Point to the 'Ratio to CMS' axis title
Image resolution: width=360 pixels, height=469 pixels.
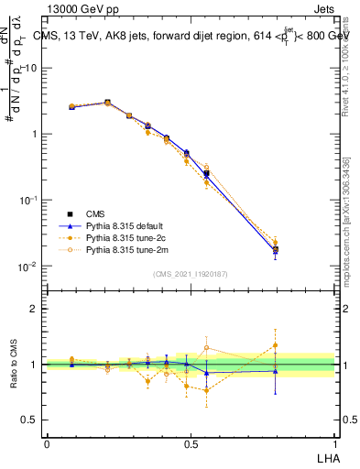[12, 364]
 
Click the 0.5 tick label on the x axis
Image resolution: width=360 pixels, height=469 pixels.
[191, 442]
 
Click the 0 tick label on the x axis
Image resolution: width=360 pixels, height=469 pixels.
[47, 442]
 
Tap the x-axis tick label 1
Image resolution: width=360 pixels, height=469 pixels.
[334, 442]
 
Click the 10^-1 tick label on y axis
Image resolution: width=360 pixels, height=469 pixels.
[28, 200]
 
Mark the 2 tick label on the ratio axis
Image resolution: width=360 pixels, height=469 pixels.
[35, 309]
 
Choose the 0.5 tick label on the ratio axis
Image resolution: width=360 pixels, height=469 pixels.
[31, 420]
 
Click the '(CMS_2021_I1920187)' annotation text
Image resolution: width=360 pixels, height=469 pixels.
[191, 274]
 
